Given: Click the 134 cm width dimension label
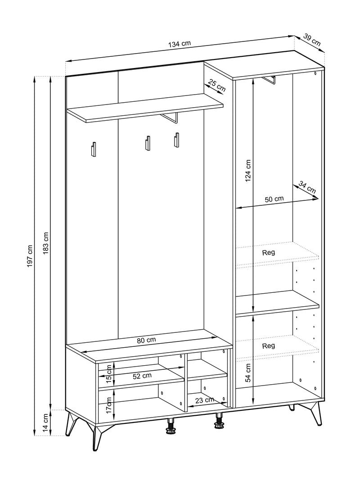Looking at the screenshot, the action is click(x=180, y=44).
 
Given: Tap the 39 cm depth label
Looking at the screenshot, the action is click(x=312, y=40).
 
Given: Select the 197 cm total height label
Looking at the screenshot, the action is click(x=30, y=256).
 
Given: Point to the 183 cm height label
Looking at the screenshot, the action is click(x=46, y=243).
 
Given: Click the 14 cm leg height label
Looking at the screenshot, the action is click(x=46, y=423).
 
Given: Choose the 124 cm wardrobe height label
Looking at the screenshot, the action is click(x=247, y=171).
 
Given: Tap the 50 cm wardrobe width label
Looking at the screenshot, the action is click(x=274, y=199).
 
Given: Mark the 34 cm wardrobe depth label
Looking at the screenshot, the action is click(x=307, y=187).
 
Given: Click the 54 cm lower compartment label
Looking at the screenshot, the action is click(x=248, y=373).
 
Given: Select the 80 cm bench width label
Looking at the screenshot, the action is click(x=146, y=340).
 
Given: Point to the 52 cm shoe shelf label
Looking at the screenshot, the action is click(x=142, y=376).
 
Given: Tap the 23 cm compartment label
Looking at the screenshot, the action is click(x=205, y=400).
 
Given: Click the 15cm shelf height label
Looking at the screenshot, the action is click(x=108, y=374).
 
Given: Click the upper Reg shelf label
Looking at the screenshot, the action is click(x=268, y=253).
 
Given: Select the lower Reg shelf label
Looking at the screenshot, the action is click(x=268, y=346).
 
